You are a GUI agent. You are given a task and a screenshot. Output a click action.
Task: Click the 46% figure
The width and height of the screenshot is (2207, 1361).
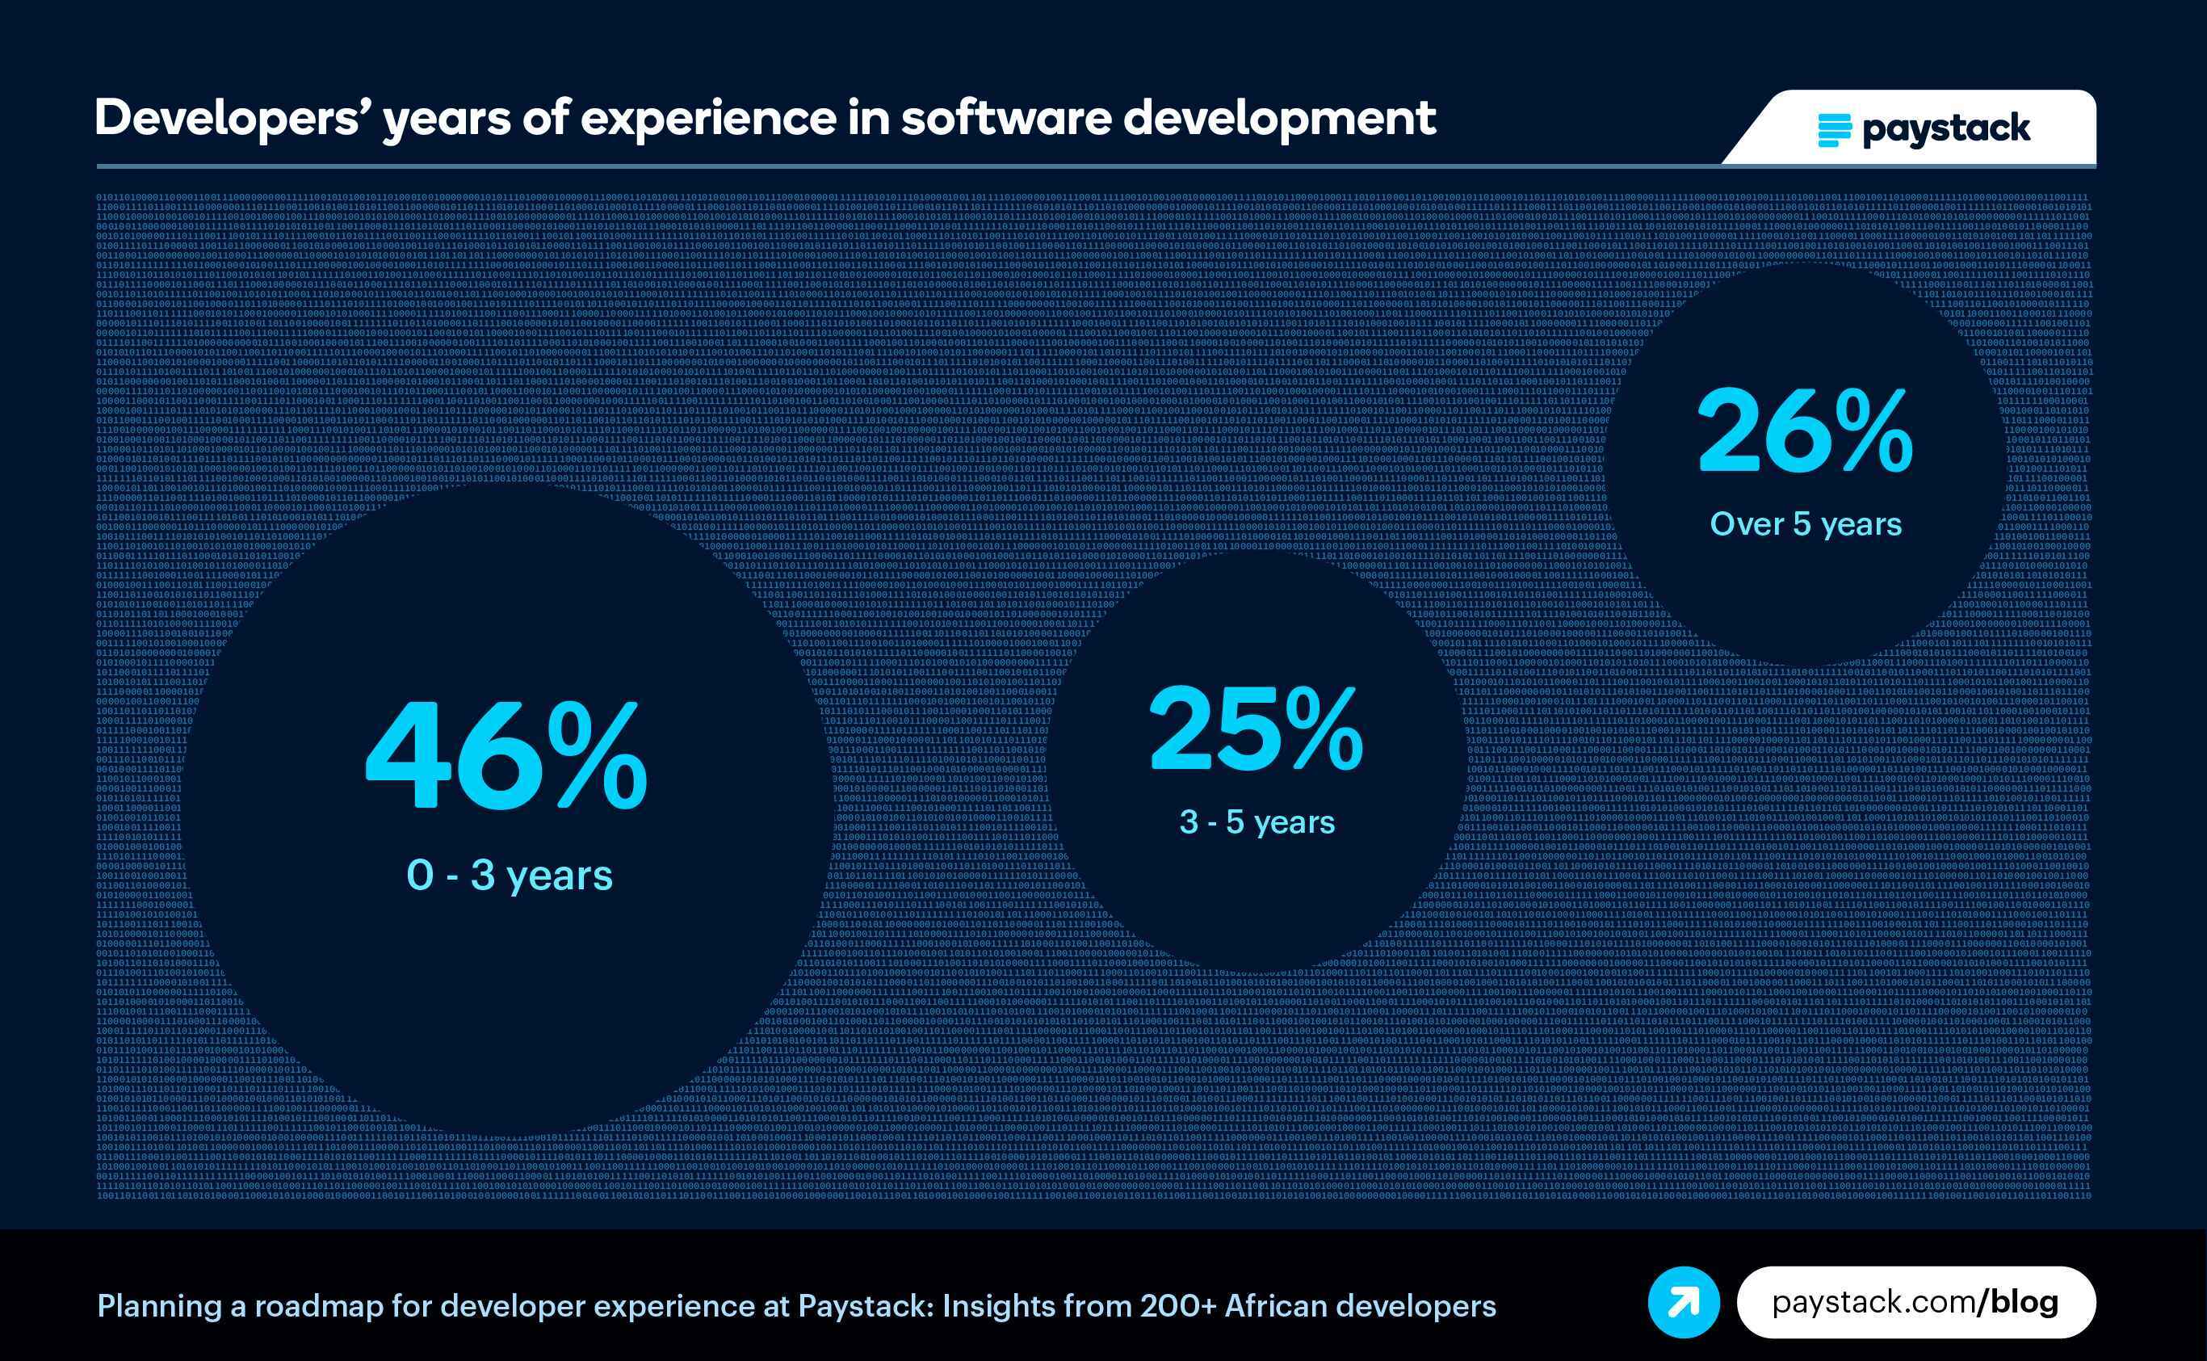click(506, 758)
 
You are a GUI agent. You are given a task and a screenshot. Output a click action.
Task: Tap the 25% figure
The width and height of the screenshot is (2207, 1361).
click(1256, 729)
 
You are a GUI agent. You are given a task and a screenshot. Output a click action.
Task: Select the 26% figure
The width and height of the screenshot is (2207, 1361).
click(1805, 432)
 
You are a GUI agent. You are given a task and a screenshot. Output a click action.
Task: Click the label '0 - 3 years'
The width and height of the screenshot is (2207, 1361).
click(510, 875)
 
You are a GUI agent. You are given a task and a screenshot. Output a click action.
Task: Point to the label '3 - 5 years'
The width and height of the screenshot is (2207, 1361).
click(1257, 821)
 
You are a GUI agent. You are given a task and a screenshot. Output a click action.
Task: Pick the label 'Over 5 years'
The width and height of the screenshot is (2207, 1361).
click(1805, 524)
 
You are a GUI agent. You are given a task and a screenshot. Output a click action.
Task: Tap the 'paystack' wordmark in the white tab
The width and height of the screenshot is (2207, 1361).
click(1946, 129)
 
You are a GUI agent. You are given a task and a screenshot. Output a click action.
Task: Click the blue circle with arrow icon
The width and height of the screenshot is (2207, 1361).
click(1684, 1301)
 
